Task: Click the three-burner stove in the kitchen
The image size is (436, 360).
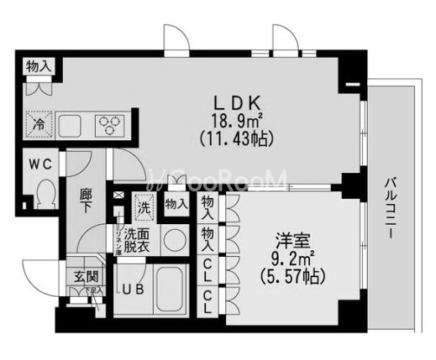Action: (110, 125)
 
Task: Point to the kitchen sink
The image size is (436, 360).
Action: (71, 126)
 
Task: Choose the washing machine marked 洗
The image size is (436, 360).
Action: (142, 204)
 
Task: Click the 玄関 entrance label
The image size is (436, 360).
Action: (75, 278)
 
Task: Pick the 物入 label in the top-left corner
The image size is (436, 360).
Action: (39, 66)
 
